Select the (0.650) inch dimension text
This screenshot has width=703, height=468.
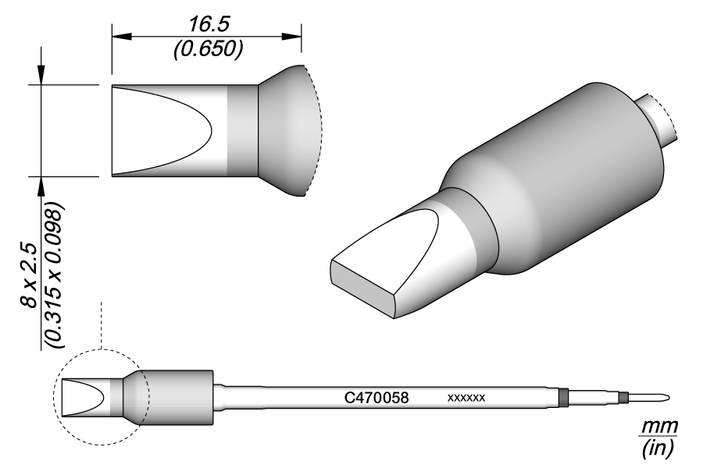(207, 48)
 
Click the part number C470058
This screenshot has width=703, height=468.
(376, 397)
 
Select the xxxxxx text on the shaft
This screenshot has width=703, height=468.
(467, 398)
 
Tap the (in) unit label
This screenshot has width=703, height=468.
(658, 449)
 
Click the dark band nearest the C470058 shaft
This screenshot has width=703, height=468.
(563, 396)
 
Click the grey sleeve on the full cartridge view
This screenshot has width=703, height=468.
(180, 397)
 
